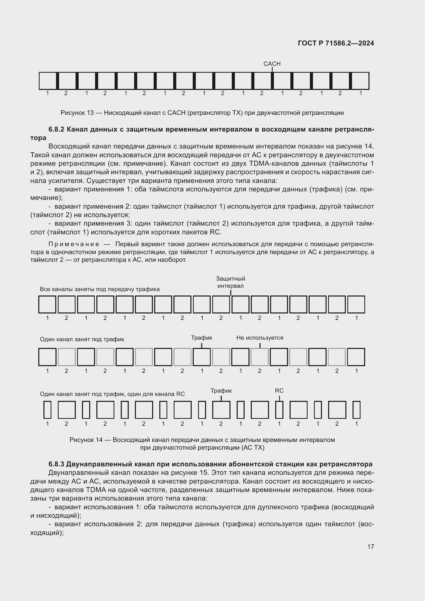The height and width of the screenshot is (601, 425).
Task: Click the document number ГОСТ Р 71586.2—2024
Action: [x=336, y=43]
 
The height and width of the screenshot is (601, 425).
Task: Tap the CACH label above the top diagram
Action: [x=272, y=64]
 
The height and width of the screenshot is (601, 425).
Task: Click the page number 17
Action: [x=371, y=547]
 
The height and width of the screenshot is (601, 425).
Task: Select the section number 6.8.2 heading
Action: [x=56, y=129]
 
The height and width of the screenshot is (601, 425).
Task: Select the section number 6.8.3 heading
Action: [x=56, y=464]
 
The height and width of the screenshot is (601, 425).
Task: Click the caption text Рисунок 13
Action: [x=77, y=113]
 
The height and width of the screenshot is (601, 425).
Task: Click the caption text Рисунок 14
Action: [x=86, y=440]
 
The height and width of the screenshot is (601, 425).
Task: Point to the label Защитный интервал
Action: [x=230, y=282]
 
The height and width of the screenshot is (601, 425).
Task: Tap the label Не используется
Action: [x=260, y=338]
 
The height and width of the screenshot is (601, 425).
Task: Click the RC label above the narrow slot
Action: [x=279, y=391]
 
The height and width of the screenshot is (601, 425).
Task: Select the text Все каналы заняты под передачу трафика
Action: [x=99, y=289]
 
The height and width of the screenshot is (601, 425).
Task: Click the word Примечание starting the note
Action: [x=74, y=244]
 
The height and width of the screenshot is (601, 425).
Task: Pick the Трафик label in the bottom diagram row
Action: [x=221, y=391]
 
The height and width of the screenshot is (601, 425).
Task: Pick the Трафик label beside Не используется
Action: [x=201, y=338]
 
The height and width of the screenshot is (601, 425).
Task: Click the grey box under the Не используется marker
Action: [x=260, y=357]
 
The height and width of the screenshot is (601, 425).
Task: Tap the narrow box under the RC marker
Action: [x=279, y=410]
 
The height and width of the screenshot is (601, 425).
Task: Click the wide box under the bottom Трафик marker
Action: [x=221, y=410]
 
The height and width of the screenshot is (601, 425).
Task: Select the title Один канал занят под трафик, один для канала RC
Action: [x=112, y=394]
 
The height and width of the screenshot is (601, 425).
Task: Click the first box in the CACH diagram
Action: [x=47, y=81]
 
